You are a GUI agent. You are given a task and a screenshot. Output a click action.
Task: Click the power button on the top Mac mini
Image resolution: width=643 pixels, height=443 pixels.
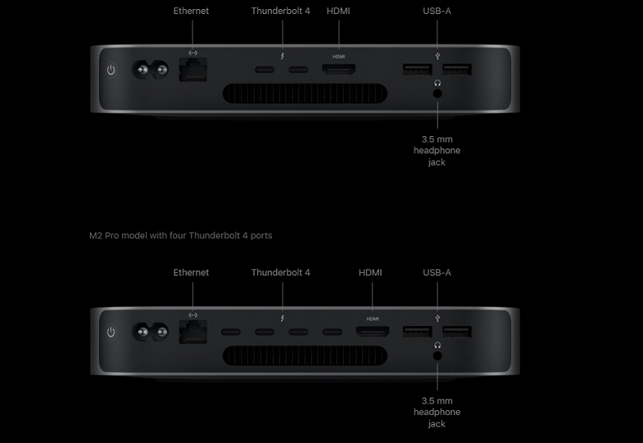coord(111,70)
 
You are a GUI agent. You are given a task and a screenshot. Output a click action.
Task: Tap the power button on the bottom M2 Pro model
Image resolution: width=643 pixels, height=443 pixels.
coord(111,332)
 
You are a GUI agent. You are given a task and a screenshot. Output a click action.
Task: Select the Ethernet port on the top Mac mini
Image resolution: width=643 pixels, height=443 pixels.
coord(193,71)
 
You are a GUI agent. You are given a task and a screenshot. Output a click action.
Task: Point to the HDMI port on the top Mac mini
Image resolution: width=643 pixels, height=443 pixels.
coord(339,70)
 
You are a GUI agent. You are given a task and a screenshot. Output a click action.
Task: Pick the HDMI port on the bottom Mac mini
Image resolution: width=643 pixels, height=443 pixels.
coord(373,332)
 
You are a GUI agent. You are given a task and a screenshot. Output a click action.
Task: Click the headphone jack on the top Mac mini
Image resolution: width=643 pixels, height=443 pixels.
coord(437,93)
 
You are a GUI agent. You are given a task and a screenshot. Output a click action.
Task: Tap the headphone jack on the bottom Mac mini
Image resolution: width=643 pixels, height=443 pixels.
coord(437,356)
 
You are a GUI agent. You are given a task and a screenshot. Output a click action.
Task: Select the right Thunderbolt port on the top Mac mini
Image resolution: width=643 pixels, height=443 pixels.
coord(298,70)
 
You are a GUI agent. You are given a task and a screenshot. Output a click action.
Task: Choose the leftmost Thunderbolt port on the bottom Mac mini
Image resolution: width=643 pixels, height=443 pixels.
coord(230,332)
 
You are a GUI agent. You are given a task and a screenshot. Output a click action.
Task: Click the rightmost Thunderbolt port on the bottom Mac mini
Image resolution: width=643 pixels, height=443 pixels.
coord(332,332)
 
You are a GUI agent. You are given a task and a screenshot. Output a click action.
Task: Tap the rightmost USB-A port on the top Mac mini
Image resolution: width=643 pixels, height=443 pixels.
coord(458,70)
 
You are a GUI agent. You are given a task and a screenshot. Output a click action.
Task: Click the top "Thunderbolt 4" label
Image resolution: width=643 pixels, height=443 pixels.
coord(280,12)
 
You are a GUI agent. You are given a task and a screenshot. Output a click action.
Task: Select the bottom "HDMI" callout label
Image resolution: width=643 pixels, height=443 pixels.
coord(371,273)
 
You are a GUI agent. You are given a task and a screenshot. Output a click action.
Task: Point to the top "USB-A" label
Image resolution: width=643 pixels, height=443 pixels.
coord(437,12)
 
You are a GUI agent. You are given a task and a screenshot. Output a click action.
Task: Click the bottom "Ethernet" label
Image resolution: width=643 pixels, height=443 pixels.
coord(191,273)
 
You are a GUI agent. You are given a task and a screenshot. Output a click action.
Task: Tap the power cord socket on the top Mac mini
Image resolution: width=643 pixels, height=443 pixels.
coord(146,71)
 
